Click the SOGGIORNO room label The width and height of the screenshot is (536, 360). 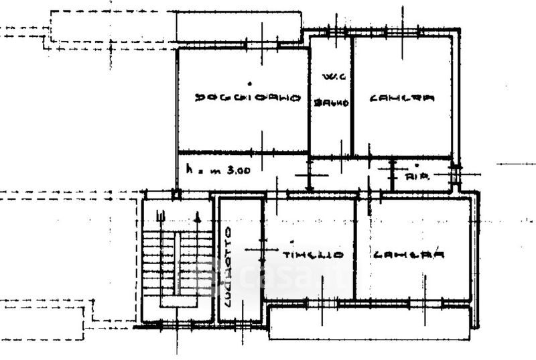pos(247,98)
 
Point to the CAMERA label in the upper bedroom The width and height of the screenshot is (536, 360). pos(402,98)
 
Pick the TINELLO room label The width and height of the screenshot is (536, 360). pos(313,255)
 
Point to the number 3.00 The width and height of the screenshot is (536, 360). pos(239,170)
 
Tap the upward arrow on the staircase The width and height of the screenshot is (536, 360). pos(198,217)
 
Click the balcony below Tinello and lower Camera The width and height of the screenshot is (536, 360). pos(368,322)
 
